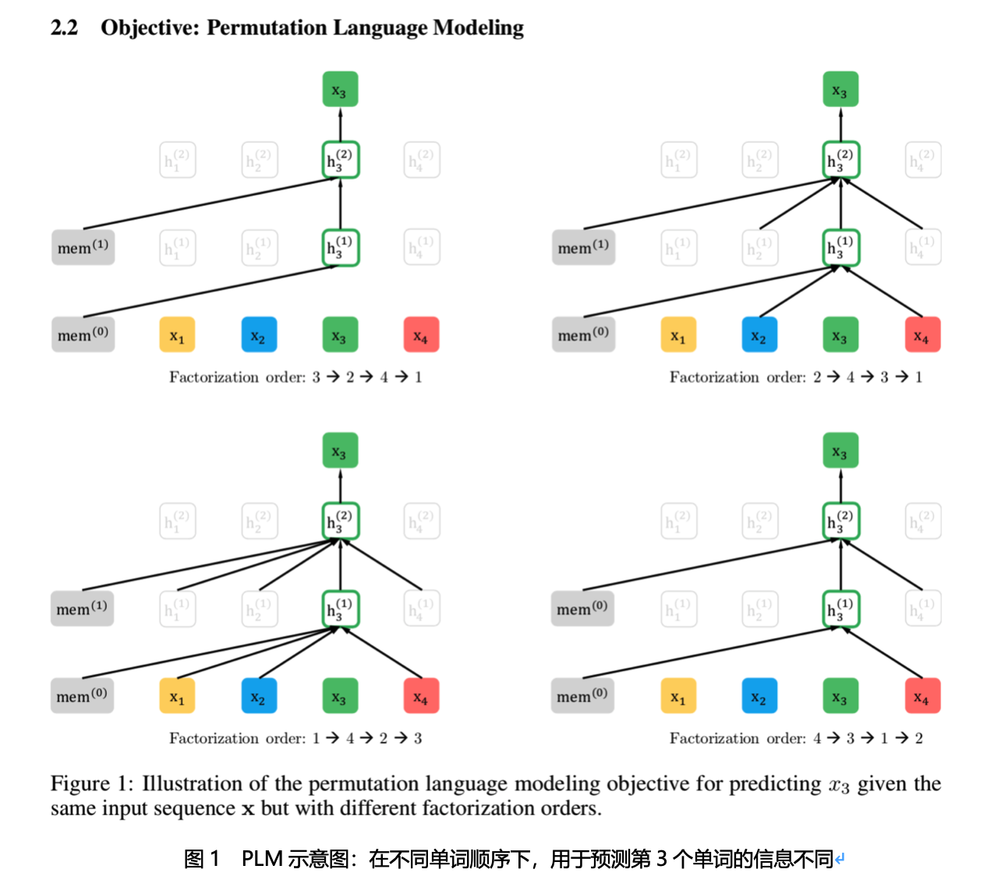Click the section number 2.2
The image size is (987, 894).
65,28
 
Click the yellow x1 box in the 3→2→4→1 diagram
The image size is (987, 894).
177,335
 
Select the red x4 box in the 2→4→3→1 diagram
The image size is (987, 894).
922,335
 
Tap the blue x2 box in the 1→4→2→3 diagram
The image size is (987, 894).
259,697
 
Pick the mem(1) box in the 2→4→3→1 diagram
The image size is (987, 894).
583,247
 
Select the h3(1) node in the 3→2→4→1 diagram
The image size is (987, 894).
340,247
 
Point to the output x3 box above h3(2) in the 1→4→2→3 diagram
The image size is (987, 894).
340,451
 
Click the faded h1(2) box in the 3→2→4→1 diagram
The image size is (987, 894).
177,160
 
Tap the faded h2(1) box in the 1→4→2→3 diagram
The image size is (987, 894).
259,608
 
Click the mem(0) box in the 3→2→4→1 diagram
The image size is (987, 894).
83,335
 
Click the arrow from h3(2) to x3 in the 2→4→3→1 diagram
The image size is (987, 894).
840,124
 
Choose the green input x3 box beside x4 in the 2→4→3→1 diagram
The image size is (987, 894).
840,335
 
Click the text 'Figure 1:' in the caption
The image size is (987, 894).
91,783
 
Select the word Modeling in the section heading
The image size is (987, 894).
478,28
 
